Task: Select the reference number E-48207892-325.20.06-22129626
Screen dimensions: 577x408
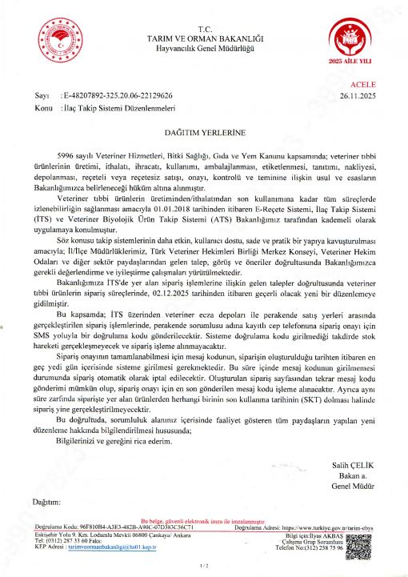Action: tap(127, 94)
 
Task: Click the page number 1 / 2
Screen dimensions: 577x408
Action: tap(203, 566)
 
